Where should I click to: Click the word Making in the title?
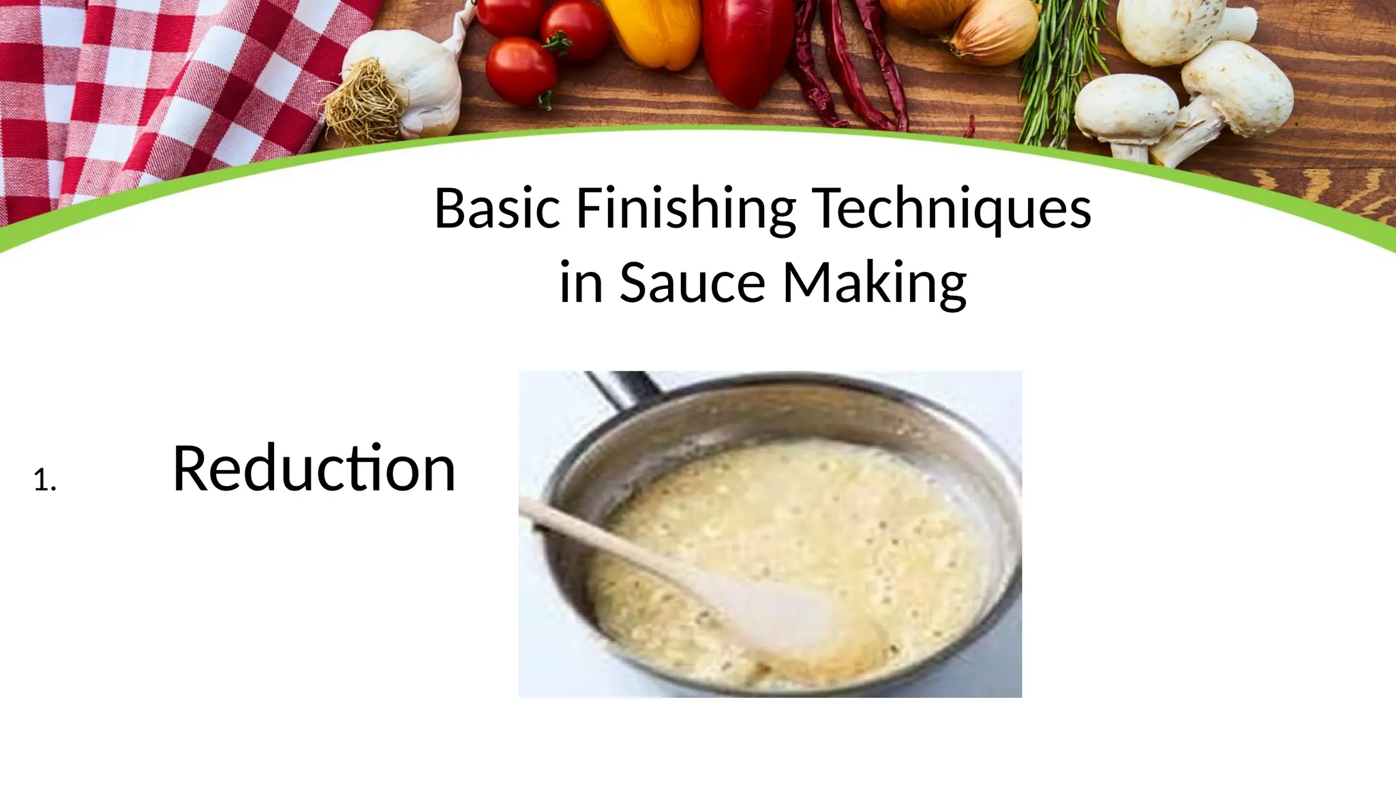(875, 283)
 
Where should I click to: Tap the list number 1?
(44, 482)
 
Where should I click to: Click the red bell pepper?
(746, 48)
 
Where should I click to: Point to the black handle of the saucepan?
(624, 390)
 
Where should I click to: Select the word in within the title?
(581, 282)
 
